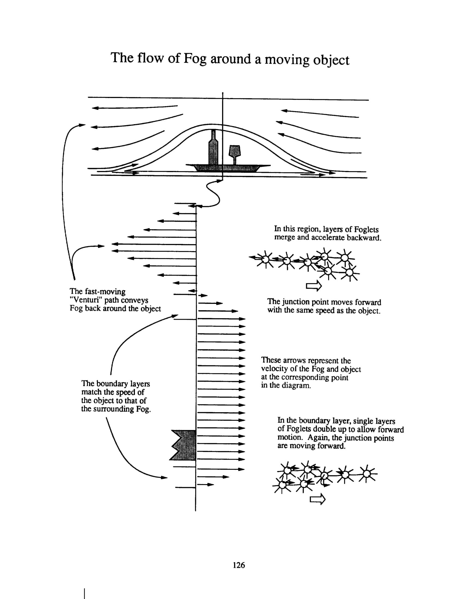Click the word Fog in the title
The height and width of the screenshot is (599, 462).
(195, 59)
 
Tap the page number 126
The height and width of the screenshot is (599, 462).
(238, 565)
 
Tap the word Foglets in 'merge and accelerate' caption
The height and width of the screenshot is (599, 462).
(366, 229)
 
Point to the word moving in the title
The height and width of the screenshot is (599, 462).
(287, 60)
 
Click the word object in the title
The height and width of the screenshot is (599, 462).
(331, 60)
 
